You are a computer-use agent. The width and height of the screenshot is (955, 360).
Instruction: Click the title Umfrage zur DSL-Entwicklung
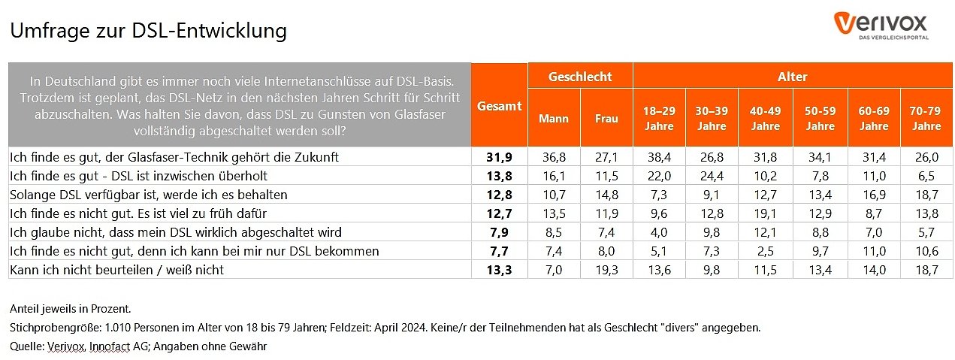pos(148,31)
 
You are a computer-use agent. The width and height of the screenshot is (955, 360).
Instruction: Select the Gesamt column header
pos(499,106)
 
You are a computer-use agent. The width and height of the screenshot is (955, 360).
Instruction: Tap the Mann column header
pos(554,119)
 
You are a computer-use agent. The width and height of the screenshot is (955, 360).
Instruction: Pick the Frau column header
pos(606,119)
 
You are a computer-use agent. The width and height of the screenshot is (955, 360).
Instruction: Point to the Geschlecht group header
pos(580,77)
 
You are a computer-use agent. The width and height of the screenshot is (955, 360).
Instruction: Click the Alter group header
pos(793,77)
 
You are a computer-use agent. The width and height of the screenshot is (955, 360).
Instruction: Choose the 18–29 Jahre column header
pos(659,118)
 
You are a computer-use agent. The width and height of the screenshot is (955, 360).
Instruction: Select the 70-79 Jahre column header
pos(926,118)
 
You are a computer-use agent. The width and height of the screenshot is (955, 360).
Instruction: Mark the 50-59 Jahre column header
pos(820,118)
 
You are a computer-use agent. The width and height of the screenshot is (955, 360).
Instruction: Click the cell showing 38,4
pos(659,157)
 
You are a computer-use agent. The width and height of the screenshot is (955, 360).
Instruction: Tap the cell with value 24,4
pos(711,176)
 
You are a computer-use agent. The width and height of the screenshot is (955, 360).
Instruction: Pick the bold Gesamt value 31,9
pos(499,157)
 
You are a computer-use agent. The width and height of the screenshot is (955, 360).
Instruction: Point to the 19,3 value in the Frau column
pos(606,269)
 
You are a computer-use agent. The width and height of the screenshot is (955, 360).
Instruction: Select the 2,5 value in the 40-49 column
pos(766,250)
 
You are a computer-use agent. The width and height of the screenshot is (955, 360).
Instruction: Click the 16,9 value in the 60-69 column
pos(874,195)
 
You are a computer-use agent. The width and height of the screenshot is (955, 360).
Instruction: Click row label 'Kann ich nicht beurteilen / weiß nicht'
pos(116,269)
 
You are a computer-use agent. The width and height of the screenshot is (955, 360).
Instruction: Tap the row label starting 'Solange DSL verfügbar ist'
pos(148,195)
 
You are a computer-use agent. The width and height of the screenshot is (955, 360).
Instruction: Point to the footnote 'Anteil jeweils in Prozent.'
pos(70,309)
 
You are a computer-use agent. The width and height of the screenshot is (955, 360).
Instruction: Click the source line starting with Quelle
pos(138,346)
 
